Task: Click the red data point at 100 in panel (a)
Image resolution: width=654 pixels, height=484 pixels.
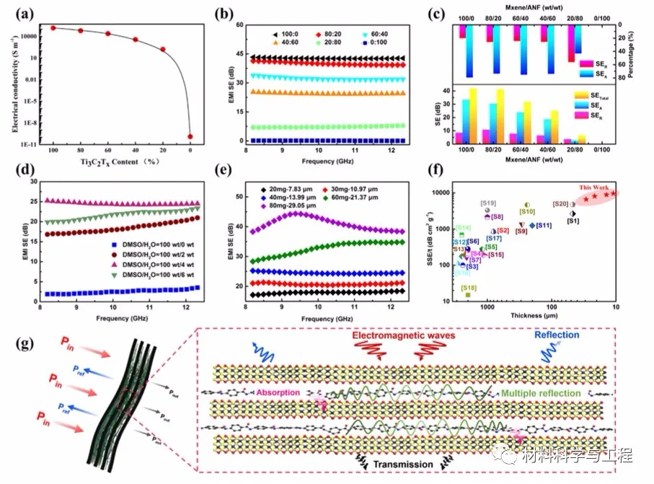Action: click(53, 28)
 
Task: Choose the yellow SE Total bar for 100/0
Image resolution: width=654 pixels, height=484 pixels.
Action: click(473, 116)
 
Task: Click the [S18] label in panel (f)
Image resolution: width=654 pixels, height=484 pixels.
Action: click(468, 287)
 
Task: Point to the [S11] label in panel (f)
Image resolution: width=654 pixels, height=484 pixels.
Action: click(544, 226)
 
